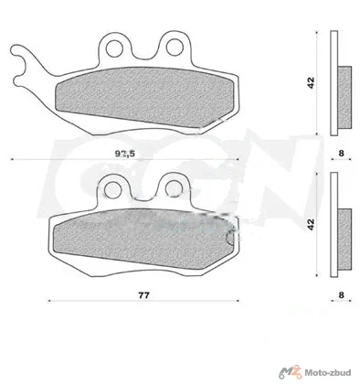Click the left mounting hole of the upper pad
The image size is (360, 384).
(x=115, y=48)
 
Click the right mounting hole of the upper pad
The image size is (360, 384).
(x=175, y=48)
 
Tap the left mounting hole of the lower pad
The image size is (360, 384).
(x=112, y=190)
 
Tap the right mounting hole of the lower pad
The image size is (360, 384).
(x=174, y=188)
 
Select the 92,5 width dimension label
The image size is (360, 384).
(x=124, y=154)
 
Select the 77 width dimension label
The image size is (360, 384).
(x=143, y=295)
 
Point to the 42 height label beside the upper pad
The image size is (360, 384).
(x=311, y=83)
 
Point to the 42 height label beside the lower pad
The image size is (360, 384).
(x=311, y=224)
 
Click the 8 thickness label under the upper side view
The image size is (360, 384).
(x=341, y=154)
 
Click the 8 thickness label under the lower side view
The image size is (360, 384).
(x=341, y=295)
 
